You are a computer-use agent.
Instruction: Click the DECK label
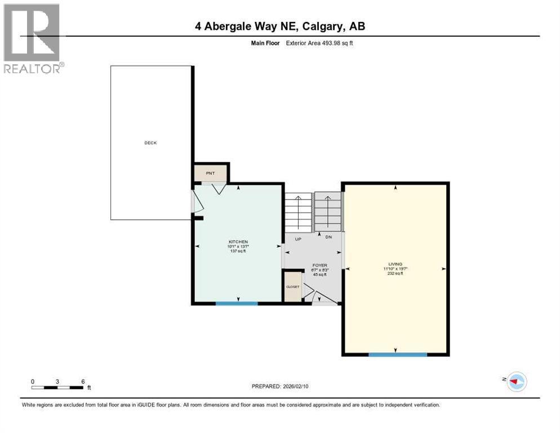[x=150, y=143]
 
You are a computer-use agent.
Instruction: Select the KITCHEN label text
[x=238, y=242]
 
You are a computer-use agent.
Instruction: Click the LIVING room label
[x=395, y=264]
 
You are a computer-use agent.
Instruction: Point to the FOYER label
[x=320, y=266]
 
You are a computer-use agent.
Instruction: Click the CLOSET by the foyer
[x=293, y=286]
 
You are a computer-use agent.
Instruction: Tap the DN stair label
[x=329, y=237]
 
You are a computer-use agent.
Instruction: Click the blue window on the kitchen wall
[x=237, y=303]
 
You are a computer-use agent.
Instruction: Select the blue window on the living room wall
[x=398, y=354]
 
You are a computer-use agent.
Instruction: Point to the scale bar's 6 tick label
[x=83, y=382]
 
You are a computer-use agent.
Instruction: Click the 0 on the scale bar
[x=33, y=382]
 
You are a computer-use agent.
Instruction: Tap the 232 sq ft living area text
[x=395, y=273]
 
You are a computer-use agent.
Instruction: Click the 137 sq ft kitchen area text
[x=238, y=251]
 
